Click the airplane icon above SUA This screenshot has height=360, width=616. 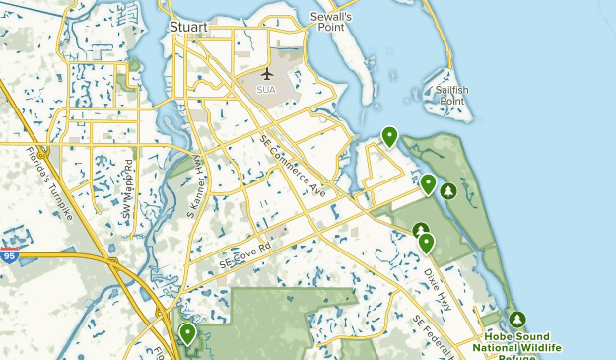266,74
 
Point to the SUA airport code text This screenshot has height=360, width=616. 266,89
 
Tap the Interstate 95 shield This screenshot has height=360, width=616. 9,255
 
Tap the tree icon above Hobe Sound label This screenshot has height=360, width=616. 517,320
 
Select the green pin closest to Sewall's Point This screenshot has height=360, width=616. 390,136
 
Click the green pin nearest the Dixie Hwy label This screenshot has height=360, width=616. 426,242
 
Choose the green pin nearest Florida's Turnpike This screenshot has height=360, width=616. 187,334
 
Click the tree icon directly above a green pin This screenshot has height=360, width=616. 421,229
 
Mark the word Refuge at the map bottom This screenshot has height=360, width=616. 516,357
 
